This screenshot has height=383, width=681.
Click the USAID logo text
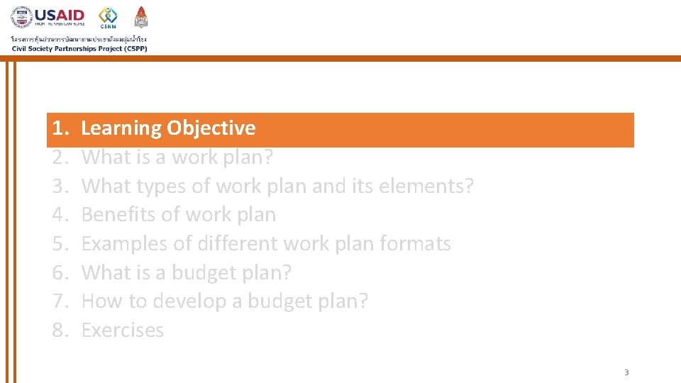(x=60, y=14)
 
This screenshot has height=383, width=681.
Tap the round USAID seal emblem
(x=22, y=18)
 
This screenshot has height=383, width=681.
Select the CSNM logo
(x=108, y=17)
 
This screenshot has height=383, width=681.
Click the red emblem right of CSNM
(x=141, y=17)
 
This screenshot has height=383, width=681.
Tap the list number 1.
(x=60, y=128)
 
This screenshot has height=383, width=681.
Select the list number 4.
(x=60, y=215)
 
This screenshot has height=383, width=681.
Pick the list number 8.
(x=60, y=331)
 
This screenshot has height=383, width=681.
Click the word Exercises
(x=123, y=331)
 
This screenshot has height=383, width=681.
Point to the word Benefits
(x=116, y=215)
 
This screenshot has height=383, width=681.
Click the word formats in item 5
(x=416, y=244)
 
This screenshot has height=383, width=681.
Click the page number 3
(x=626, y=372)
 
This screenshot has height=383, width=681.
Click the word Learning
(x=121, y=128)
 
